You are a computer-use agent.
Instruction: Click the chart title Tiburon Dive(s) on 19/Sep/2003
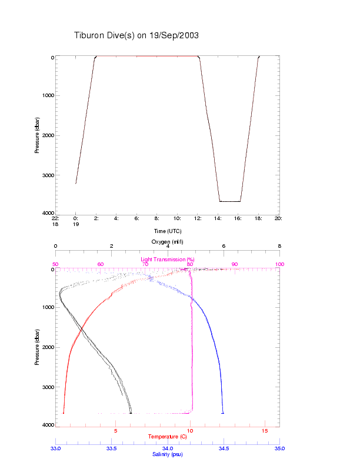tap(136, 35)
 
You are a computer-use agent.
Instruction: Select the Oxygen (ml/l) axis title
tap(168, 242)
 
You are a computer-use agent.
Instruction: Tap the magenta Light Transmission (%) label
tap(168, 259)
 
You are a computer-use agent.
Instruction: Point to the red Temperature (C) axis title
tap(168, 436)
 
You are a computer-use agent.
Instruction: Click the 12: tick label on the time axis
tap(197, 218)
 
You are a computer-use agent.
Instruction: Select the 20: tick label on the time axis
tap(278, 218)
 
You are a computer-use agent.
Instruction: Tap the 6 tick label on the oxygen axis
tap(224, 246)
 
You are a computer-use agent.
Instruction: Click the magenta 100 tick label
tap(279, 264)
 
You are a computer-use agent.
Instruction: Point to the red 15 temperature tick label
tap(264, 431)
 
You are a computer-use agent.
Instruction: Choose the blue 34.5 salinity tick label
tap(224, 448)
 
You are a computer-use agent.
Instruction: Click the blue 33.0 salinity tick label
tap(55, 448)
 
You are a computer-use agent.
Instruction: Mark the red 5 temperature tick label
tap(116, 431)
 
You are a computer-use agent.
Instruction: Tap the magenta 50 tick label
tap(55, 264)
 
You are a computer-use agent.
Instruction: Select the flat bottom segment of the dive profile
tap(229, 201)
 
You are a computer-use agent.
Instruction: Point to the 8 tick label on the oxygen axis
tap(279, 246)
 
